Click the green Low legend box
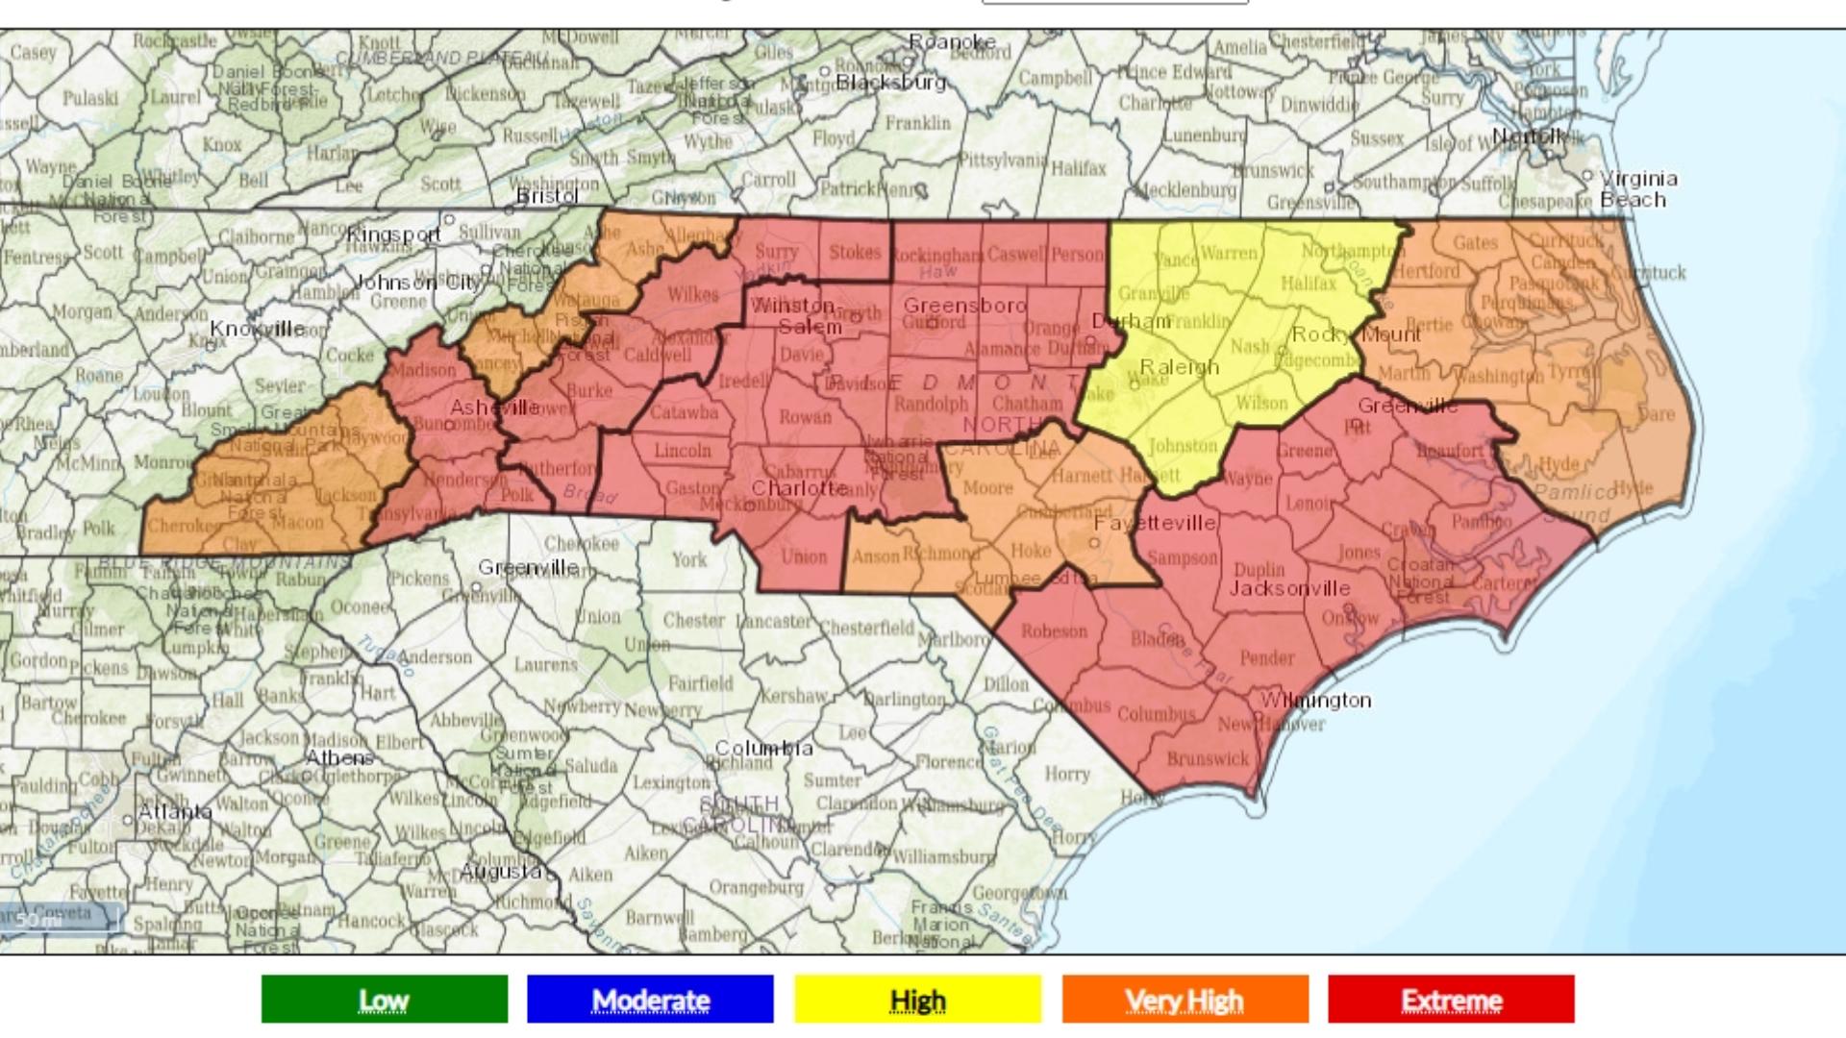pyautogui.click(x=384, y=1000)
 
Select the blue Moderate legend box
pyautogui.click(x=650, y=1000)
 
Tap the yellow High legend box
pyautogui.click(x=917, y=1000)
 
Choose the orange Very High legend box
pyautogui.click(x=1185, y=1000)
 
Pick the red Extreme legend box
pyautogui.click(x=1451, y=1000)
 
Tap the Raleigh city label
pyautogui.click(x=1179, y=367)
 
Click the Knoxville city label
pyautogui.click(x=257, y=329)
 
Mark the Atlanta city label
pyautogui.click(x=174, y=811)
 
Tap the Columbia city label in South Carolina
pyautogui.click(x=763, y=748)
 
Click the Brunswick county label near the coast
pyautogui.click(x=1208, y=758)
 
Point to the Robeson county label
pyautogui.click(x=1054, y=631)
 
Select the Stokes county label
pyautogui.click(x=855, y=252)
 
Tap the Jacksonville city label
pyautogui.click(x=1289, y=588)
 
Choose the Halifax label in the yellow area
pyautogui.click(x=1308, y=284)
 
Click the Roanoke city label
pyautogui.click(x=952, y=42)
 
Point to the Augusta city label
pyautogui.click(x=501, y=872)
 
